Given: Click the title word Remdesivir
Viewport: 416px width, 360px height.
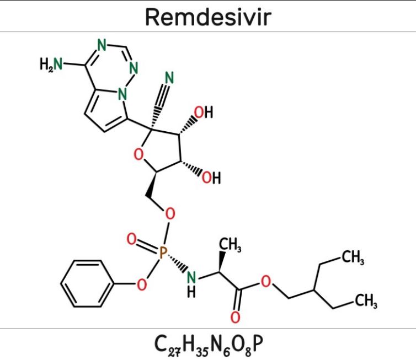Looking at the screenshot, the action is click(x=208, y=17).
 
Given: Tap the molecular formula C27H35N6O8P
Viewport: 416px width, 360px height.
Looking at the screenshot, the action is click(x=209, y=344).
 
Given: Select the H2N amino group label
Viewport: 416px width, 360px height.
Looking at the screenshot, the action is click(x=51, y=64).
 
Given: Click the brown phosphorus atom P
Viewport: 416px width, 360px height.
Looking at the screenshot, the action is click(x=163, y=252).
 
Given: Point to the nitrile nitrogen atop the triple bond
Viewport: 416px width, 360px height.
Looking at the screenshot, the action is click(x=169, y=78).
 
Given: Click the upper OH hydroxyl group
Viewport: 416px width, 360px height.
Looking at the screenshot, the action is click(x=204, y=112).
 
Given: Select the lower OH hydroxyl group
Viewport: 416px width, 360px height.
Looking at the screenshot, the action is click(x=211, y=178).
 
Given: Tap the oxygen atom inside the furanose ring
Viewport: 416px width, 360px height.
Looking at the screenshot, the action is click(x=138, y=154).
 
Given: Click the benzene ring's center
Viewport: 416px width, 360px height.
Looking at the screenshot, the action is click(x=87, y=284).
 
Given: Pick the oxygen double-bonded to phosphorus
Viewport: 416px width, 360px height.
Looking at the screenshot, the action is click(x=131, y=239).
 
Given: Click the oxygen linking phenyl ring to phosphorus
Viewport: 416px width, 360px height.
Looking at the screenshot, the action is click(x=142, y=284).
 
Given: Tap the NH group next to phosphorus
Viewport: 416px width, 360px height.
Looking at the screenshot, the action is click(x=191, y=284).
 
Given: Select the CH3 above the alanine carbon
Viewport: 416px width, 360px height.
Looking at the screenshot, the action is click(x=230, y=244).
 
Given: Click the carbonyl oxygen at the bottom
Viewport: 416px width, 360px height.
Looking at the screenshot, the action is click(x=236, y=317).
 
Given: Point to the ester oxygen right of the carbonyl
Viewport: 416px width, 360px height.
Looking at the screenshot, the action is click(x=266, y=282).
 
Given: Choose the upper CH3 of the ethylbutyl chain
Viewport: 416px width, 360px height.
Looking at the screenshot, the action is click(x=353, y=257).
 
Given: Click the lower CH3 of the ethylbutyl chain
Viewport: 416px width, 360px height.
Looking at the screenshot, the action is click(x=366, y=301).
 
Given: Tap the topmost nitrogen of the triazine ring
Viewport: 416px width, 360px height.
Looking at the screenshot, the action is click(x=102, y=45).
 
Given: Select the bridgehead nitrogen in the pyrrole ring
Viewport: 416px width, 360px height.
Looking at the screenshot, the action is click(x=122, y=94).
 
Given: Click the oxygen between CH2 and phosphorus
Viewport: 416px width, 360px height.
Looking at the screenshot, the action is click(x=170, y=213).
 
